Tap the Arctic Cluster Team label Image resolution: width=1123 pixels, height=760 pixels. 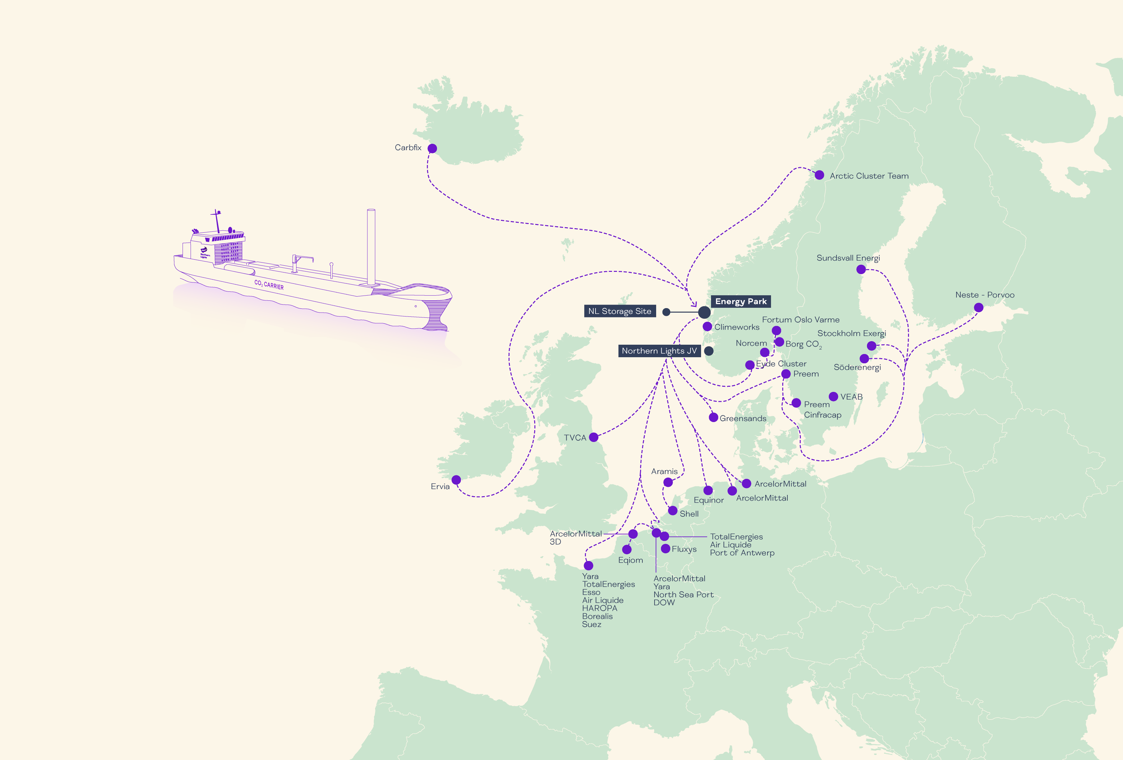pos(869,176)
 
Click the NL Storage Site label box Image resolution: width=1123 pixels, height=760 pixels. pos(620,311)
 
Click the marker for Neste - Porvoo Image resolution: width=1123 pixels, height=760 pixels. pos(979,307)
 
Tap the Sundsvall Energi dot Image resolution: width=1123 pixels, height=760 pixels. pos(861,269)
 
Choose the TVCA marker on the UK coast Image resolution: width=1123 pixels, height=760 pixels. pos(593,437)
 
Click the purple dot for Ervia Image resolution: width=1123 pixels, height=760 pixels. pos(456,479)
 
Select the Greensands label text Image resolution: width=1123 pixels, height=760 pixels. pos(743,418)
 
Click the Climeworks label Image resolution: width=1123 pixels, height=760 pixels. pos(736,327)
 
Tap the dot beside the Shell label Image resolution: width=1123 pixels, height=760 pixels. pos(673,511)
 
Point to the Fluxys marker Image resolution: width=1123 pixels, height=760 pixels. pos(665,548)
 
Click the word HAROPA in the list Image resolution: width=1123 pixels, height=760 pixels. pos(599,608)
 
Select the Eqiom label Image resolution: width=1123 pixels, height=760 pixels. pos(630,560)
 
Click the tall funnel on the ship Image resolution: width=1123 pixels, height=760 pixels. pos(371,246)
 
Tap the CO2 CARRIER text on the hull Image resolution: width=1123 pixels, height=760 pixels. pos(269,284)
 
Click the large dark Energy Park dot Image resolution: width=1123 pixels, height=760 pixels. pos(704,312)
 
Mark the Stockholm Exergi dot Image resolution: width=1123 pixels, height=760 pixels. pos(871,346)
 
